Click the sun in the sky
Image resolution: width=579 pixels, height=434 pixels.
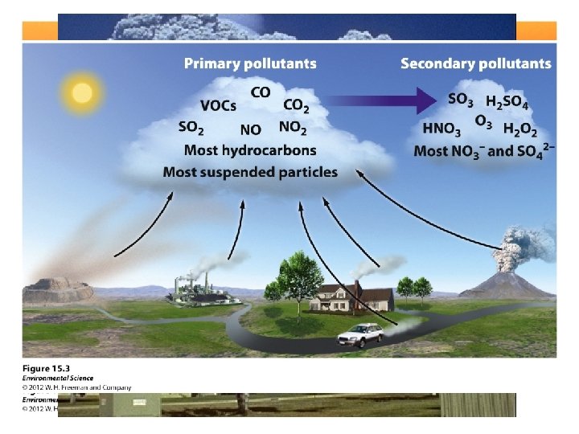(82, 92)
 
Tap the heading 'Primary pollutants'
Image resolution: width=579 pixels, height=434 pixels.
(250, 63)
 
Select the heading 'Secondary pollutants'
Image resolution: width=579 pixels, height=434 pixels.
(476, 63)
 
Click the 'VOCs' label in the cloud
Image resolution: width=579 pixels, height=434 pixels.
(219, 106)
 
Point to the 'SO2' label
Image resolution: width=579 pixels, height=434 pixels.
(191, 127)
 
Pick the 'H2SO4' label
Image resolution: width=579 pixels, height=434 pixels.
(507, 102)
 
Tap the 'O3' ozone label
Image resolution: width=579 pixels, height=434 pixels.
(482, 121)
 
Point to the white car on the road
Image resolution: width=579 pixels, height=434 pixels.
(360, 335)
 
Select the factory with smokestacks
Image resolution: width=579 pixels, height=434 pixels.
(198, 289)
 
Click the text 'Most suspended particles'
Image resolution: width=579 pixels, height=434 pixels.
(250, 171)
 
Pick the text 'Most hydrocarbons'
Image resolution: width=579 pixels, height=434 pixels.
(250, 150)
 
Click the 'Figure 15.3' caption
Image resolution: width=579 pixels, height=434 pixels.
(46, 368)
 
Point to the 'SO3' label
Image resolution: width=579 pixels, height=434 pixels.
(460, 100)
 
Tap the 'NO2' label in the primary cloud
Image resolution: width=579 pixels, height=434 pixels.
(293, 127)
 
